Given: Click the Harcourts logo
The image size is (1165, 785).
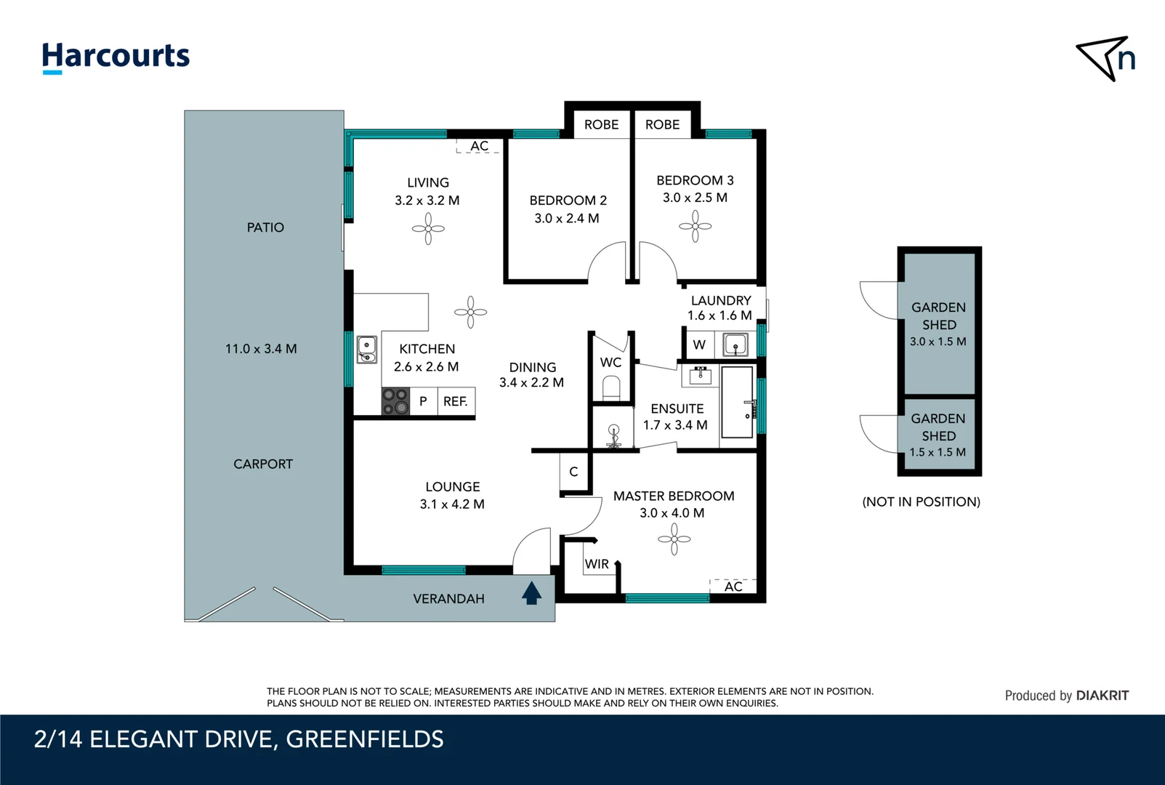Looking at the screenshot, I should (x=116, y=57).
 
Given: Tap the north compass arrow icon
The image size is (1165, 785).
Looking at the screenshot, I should (x=1105, y=58).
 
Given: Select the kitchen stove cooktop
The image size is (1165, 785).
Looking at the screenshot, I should (x=395, y=401).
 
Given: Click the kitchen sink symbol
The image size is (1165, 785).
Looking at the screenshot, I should (x=367, y=349).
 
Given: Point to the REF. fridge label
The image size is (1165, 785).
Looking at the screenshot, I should (x=455, y=401).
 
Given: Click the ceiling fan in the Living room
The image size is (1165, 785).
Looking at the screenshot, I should (x=428, y=229).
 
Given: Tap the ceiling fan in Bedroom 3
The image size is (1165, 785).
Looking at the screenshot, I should (x=696, y=226).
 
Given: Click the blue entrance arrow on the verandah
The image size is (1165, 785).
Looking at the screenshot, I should (x=531, y=593).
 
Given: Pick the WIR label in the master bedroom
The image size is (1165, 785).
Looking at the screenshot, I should (x=597, y=564).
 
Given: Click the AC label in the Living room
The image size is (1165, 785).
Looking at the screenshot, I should (x=479, y=146).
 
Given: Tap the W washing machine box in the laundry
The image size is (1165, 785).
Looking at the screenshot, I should (x=699, y=345).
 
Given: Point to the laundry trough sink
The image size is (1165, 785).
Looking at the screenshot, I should (x=735, y=345).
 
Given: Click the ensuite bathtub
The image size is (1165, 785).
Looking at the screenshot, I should (x=737, y=402).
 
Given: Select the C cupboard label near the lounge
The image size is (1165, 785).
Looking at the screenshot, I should (x=573, y=472).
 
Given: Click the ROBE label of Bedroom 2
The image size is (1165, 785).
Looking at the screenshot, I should (x=601, y=124).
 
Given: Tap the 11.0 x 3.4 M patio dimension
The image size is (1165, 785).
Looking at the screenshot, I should (x=261, y=349).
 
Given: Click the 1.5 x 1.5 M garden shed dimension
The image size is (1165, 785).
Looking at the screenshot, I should (x=938, y=452).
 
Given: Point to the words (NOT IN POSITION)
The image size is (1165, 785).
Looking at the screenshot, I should (x=921, y=502).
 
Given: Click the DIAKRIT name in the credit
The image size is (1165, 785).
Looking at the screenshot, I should (x=1102, y=696).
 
